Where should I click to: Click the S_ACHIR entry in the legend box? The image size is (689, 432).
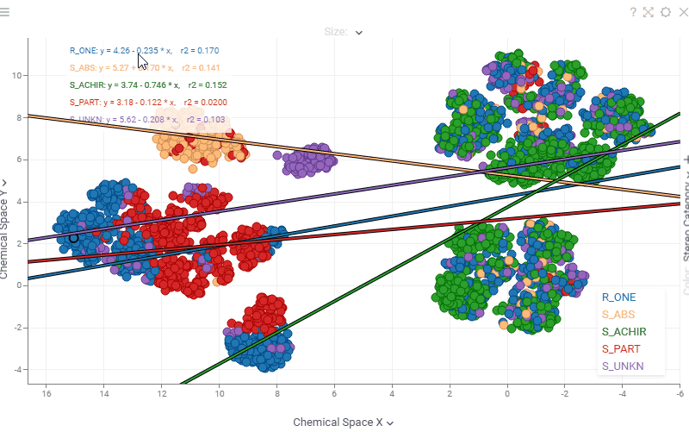pyautogui.click(x=624, y=332)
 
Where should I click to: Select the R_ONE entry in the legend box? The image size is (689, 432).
pyautogui.click(x=618, y=297)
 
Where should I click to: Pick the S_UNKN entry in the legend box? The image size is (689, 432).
pyautogui.click(x=624, y=366)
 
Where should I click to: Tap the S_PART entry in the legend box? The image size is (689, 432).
pyautogui.click(x=621, y=349)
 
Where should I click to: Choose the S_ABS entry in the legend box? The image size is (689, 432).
pyautogui.click(x=618, y=315)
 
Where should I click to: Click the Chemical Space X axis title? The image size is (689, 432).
pyautogui.click(x=343, y=423)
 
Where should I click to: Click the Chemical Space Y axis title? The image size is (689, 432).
pyautogui.click(x=5, y=229)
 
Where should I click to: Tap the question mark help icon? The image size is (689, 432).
pyautogui.click(x=633, y=12)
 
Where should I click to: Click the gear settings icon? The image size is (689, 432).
pyautogui.click(x=666, y=12)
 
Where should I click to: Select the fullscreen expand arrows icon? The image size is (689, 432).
pyautogui.click(x=649, y=12)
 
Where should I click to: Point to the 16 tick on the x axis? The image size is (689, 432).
pyautogui.click(x=47, y=394)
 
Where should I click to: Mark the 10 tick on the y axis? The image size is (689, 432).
pyautogui.click(x=16, y=75)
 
